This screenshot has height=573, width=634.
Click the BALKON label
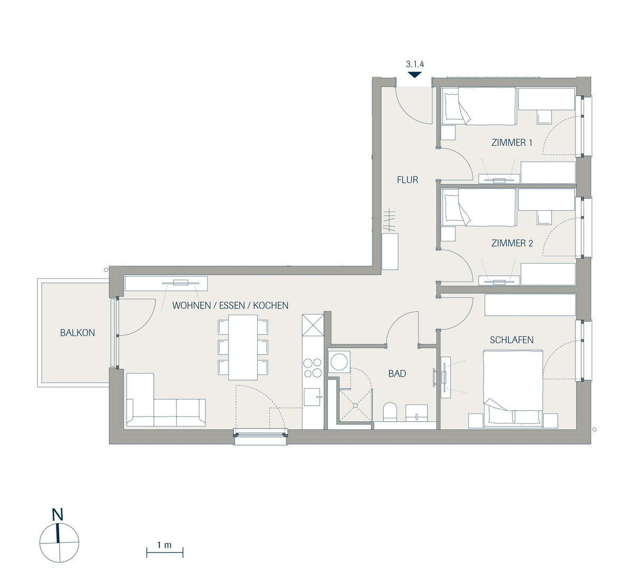point(78,333)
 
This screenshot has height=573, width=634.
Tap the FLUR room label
point(407,180)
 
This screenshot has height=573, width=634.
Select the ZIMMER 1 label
point(511,143)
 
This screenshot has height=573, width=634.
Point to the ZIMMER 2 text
point(512,243)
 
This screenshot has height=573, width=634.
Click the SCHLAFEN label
point(511,340)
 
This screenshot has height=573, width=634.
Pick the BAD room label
point(397,373)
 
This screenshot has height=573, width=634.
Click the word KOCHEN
point(271,305)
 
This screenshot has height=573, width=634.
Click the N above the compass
point(58,514)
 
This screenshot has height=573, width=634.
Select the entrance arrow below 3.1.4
point(415,75)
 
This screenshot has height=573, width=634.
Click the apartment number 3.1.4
point(415,64)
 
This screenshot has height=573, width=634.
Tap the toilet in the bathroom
point(390,412)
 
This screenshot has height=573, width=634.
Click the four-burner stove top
point(313,368)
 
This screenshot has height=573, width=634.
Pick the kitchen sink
point(313,397)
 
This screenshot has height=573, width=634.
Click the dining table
point(243,347)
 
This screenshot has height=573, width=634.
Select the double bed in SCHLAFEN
point(513,389)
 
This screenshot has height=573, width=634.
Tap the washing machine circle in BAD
point(339,361)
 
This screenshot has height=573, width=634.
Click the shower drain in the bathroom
point(356,406)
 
